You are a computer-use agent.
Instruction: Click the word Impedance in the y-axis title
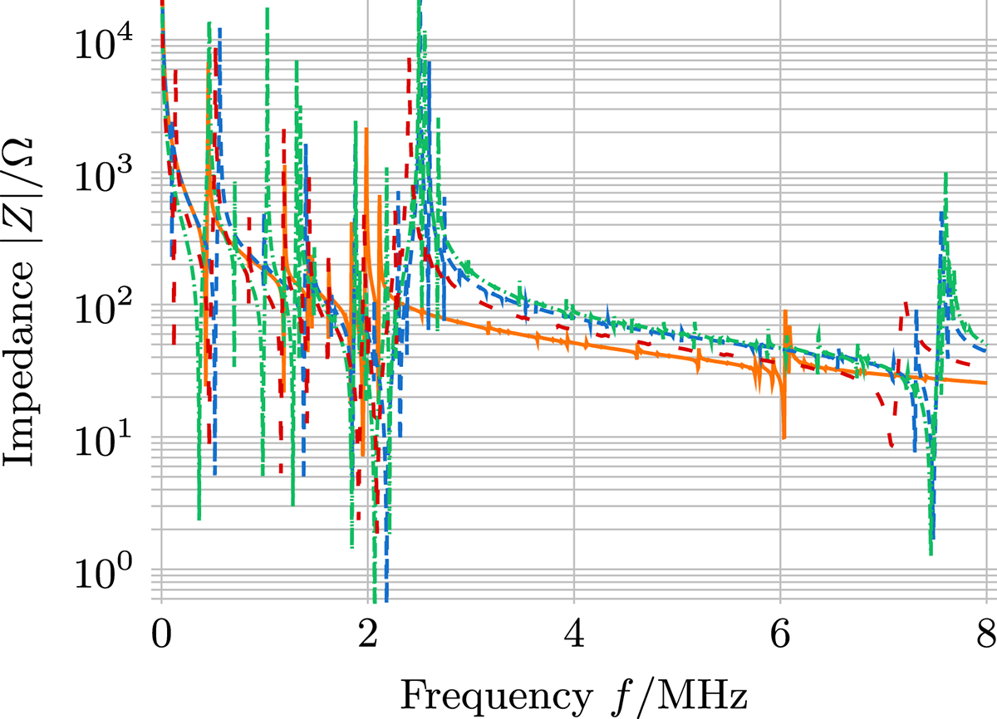pos(25,364)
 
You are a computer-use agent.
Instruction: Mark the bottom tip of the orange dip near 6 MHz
pos(783,437)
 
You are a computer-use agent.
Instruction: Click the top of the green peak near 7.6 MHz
pos(945,174)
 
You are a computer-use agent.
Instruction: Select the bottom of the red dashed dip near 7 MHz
pos(891,446)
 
